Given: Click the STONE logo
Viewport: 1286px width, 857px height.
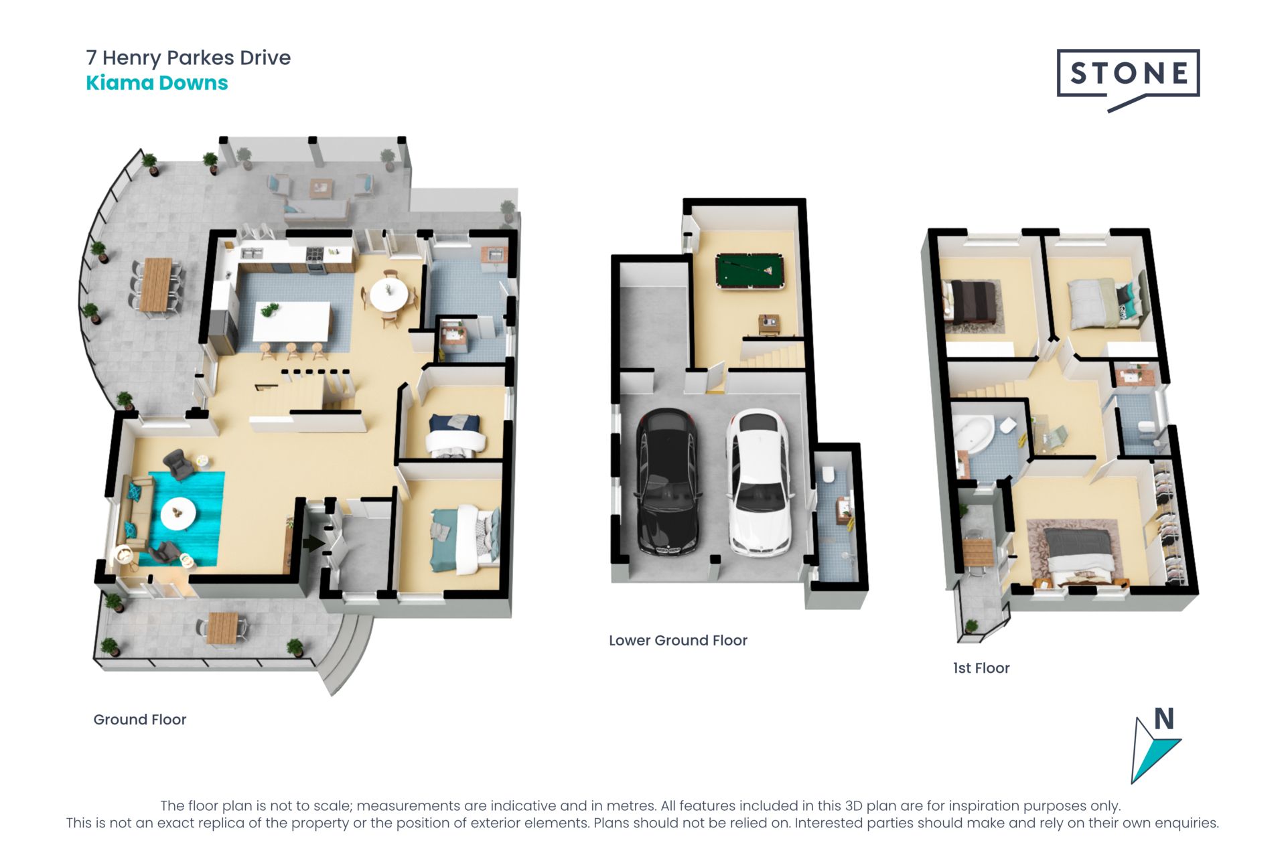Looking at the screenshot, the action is pyautogui.click(x=1128, y=79).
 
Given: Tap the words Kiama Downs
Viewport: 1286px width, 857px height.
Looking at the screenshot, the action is pyautogui.click(x=157, y=83).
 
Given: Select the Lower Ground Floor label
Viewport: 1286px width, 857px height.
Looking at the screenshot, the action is pyautogui.click(x=678, y=640).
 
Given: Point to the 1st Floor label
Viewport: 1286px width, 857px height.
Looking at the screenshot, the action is pyautogui.click(x=981, y=668).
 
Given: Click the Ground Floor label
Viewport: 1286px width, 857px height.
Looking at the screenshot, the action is pyautogui.click(x=139, y=719).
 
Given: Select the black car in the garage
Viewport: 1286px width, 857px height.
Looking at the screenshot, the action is pyautogui.click(x=668, y=482).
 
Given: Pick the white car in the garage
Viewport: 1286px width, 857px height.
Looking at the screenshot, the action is pyautogui.click(x=760, y=482).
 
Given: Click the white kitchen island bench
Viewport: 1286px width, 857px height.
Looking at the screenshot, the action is pyautogui.click(x=292, y=321).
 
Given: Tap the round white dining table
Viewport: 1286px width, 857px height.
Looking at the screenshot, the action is pyautogui.click(x=388, y=294).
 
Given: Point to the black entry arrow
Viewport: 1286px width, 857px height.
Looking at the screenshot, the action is pyautogui.click(x=313, y=543).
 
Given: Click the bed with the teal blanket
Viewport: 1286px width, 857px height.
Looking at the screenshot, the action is pyautogui.click(x=464, y=540).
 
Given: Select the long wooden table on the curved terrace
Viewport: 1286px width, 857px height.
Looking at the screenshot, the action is pyautogui.click(x=156, y=285).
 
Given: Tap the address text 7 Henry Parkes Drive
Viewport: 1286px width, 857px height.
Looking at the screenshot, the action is pyautogui.click(x=188, y=58).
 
